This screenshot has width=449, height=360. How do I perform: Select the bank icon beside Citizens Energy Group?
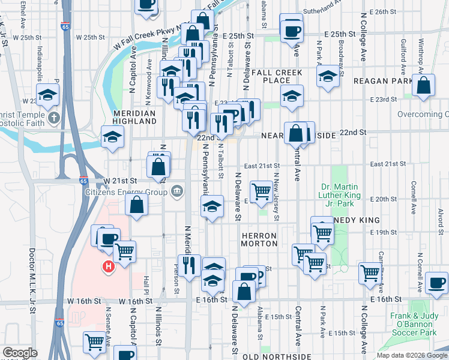coord(177,192)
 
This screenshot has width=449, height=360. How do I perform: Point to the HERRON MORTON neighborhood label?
coord(259,239)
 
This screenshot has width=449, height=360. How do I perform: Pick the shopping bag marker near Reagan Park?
coord(424,86)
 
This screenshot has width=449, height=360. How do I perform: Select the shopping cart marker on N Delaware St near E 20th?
coord(262,192)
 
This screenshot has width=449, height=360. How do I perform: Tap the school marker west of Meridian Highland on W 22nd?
coord(112,137)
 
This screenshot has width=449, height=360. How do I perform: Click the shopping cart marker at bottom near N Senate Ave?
coord(95,343)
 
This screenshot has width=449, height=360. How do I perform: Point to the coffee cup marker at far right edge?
coord(437,283)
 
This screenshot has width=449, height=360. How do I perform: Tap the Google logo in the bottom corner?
coord(20,353)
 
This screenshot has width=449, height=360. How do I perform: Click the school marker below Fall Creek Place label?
coord(292,96)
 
